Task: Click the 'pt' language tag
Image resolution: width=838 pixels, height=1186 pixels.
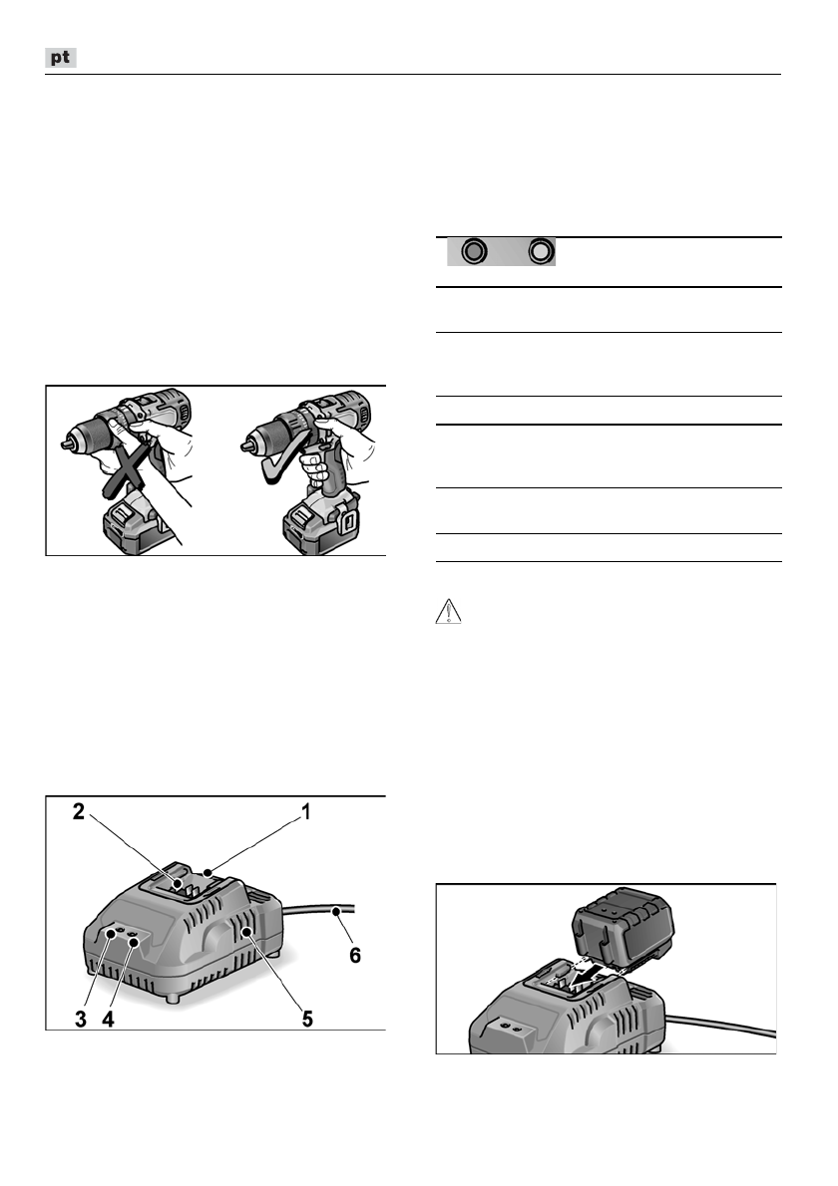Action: point(62,60)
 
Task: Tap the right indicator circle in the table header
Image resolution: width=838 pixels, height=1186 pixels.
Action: point(541,252)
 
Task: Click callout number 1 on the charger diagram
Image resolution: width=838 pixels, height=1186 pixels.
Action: point(306,811)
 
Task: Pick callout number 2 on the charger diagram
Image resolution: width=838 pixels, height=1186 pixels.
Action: point(77,811)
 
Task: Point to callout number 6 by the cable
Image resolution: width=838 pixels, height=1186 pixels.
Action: point(354,955)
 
